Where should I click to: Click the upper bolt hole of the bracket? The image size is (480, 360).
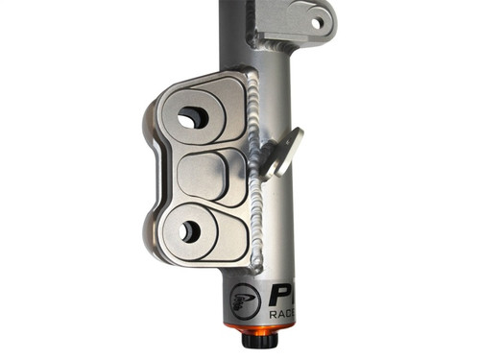pos(192,117)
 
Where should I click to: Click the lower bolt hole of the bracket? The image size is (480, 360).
pos(190,231)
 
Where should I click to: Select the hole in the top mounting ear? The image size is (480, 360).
pos(316,23)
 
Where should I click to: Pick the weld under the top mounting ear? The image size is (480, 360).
pos(273,48)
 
